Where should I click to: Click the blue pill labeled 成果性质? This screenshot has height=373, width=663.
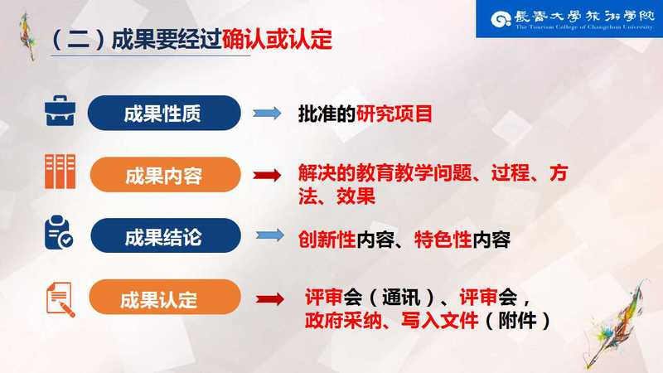[164, 113]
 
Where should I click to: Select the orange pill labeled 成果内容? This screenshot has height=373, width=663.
[165, 175]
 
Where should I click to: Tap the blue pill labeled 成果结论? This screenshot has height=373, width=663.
[166, 235]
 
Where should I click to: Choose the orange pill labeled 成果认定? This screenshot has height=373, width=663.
[165, 297]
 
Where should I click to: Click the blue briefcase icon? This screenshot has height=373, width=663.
[60, 111]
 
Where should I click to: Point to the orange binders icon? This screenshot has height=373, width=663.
[60, 172]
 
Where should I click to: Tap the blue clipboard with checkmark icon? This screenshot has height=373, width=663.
[58, 232]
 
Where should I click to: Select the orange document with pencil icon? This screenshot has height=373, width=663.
[60, 299]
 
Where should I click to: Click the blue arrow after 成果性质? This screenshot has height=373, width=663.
[267, 113]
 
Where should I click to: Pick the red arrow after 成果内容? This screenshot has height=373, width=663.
[267, 175]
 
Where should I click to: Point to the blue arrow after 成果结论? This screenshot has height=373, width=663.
[270, 235]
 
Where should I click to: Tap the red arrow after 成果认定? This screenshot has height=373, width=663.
[270, 299]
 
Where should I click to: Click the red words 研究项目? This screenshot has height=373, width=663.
[394, 114]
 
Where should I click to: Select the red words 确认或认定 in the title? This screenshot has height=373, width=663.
[277, 40]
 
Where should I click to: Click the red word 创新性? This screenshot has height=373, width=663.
[327, 240]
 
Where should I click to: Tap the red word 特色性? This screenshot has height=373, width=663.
[443, 240]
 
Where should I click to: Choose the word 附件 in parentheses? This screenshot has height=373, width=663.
[517, 320]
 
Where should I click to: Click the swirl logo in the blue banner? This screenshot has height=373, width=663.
[501, 19]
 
